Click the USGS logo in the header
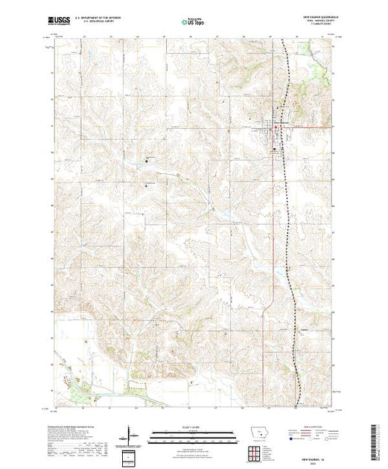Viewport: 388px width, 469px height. pyautogui.click(x=58, y=22)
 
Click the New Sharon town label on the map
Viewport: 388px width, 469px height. pyautogui.click(x=281, y=123)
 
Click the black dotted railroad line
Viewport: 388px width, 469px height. pyautogui.click(x=289, y=223)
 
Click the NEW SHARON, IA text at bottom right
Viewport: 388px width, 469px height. pyautogui.click(x=316, y=455)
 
